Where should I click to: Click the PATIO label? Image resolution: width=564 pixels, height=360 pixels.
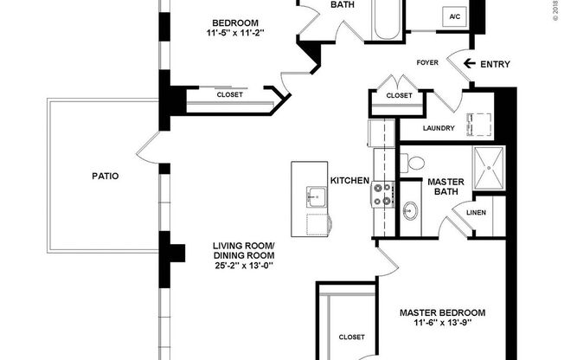click(105, 176)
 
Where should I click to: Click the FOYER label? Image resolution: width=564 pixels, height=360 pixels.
click(428, 63)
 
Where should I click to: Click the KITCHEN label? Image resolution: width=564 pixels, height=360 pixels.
click(349, 181)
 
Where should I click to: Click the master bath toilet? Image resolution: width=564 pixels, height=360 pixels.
click(413, 162)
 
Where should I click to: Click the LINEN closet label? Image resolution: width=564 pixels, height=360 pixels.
click(476, 213)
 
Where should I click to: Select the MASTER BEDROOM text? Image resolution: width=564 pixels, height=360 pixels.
click(442, 312)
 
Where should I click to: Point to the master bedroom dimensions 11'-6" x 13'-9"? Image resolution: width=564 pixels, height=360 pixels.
click(442, 324)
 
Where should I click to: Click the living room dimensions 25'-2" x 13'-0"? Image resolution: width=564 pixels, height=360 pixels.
click(243, 267)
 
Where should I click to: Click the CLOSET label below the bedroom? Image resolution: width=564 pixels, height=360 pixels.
click(229, 95)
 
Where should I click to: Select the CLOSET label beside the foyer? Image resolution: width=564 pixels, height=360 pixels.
click(399, 96)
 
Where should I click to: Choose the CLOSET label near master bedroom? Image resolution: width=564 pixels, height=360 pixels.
click(351, 337)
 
